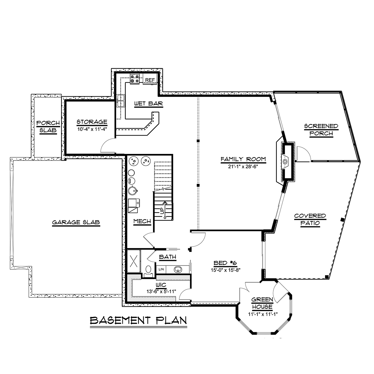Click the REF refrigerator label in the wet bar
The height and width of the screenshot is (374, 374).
pyautogui.click(x=150, y=80)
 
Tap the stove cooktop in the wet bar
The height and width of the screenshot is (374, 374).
pyautogui.click(x=135, y=79)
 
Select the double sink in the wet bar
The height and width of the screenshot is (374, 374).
pyautogui.click(x=121, y=101)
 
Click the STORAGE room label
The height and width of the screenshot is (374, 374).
pyautogui.click(x=92, y=122)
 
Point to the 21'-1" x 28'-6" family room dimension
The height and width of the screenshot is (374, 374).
pyautogui.click(x=243, y=166)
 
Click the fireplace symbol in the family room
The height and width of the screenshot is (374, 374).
pyautogui.click(x=285, y=161)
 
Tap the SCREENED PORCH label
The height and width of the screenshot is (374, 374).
pyautogui.click(x=321, y=130)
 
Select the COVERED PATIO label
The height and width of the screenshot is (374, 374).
pyautogui.click(x=310, y=219)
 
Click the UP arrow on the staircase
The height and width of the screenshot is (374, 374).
pyautogui.click(x=165, y=210)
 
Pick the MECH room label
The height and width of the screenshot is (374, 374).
pyautogui.click(x=142, y=221)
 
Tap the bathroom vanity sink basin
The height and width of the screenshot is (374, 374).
pyautogui.click(x=178, y=269)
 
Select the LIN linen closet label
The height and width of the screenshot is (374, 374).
pyautogui.click(x=161, y=269)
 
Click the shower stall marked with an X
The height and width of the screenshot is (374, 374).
pyautogui.click(x=134, y=261)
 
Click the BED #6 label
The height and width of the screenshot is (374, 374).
pyautogui.click(x=225, y=263)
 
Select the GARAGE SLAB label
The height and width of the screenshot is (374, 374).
pyautogui.click(x=76, y=222)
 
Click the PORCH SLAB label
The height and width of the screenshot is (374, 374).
pyautogui.click(x=48, y=127)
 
